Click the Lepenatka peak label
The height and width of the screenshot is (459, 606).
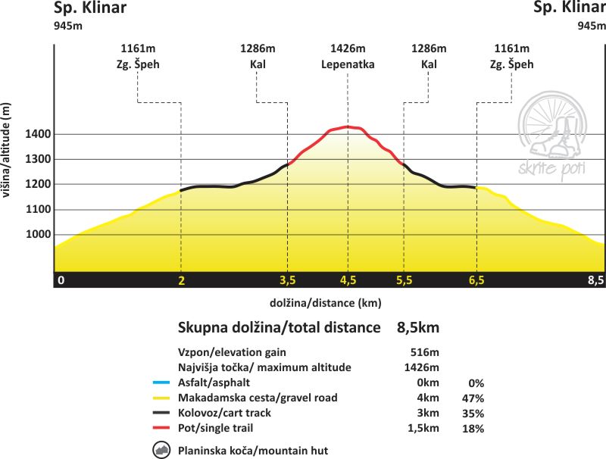[348, 64]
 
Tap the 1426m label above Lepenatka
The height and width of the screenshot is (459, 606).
[348, 49]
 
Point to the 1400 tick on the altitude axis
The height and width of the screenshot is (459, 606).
[38, 135]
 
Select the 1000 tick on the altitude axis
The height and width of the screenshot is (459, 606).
[38, 235]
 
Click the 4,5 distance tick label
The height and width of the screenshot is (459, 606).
[348, 280]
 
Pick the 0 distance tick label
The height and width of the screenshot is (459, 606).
[61, 280]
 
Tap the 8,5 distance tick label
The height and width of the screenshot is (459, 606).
[595, 280]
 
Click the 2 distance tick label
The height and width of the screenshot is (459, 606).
[181, 280]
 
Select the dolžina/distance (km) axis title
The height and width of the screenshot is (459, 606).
[325, 303]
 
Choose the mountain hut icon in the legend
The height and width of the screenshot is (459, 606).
[161, 451]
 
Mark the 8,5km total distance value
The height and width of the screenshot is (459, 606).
[418, 328]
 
